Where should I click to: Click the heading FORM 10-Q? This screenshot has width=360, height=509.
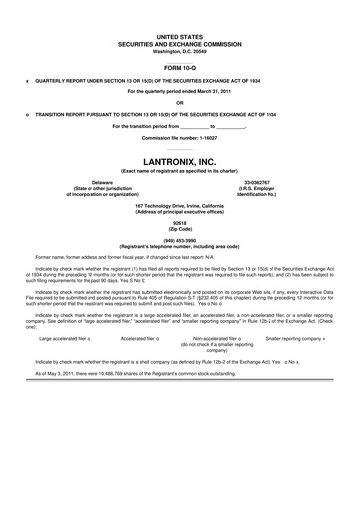coord(179,67)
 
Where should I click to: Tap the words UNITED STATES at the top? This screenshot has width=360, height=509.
coord(179,35)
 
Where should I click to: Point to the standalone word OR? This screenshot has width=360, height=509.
coord(179,102)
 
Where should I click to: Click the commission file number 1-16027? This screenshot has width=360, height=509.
coord(205,137)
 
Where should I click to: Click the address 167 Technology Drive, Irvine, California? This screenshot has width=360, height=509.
coord(179,205)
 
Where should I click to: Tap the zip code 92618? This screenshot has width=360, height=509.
coord(179,223)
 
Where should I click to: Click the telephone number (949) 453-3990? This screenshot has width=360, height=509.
coord(179,240)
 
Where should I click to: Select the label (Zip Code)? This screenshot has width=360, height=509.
coord(179,229)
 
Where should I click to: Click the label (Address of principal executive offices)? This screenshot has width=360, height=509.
coord(179,211)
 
